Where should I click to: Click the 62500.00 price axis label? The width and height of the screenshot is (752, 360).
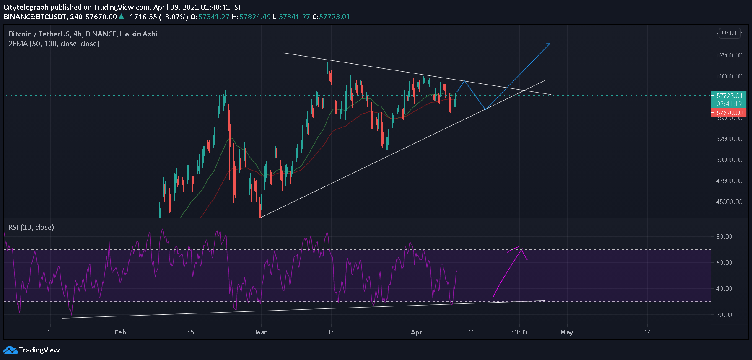click(729, 55)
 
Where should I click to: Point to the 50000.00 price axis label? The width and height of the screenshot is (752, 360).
click(729, 160)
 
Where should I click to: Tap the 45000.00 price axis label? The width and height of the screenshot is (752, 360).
click(729, 202)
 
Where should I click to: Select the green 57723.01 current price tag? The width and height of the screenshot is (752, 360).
click(729, 96)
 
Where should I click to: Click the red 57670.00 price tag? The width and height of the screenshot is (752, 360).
click(729, 113)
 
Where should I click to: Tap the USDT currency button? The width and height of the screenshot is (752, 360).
click(729, 33)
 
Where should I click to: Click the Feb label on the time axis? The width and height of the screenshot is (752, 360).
click(120, 332)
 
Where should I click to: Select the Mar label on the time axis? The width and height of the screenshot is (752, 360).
click(261, 332)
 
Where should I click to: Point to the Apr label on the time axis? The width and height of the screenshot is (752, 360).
click(416, 332)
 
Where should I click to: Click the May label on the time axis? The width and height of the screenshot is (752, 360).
click(566, 332)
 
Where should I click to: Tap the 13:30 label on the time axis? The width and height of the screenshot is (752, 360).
click(519, 332)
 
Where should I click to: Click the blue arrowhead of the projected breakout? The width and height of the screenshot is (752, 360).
click(549, 44)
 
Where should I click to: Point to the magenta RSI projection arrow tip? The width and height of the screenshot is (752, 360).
click(521, 249)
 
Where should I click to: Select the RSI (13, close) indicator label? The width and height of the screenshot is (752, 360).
click(31, 227)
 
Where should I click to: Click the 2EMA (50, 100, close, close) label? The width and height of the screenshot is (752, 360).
click(54, 44)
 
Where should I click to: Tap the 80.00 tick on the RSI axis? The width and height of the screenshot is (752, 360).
click(724, 237)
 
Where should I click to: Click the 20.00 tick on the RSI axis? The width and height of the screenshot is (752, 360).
click(724, 315)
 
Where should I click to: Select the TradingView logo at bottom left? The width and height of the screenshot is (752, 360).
click(31, 350)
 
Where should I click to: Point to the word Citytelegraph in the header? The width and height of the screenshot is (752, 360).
click(26, 7)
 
